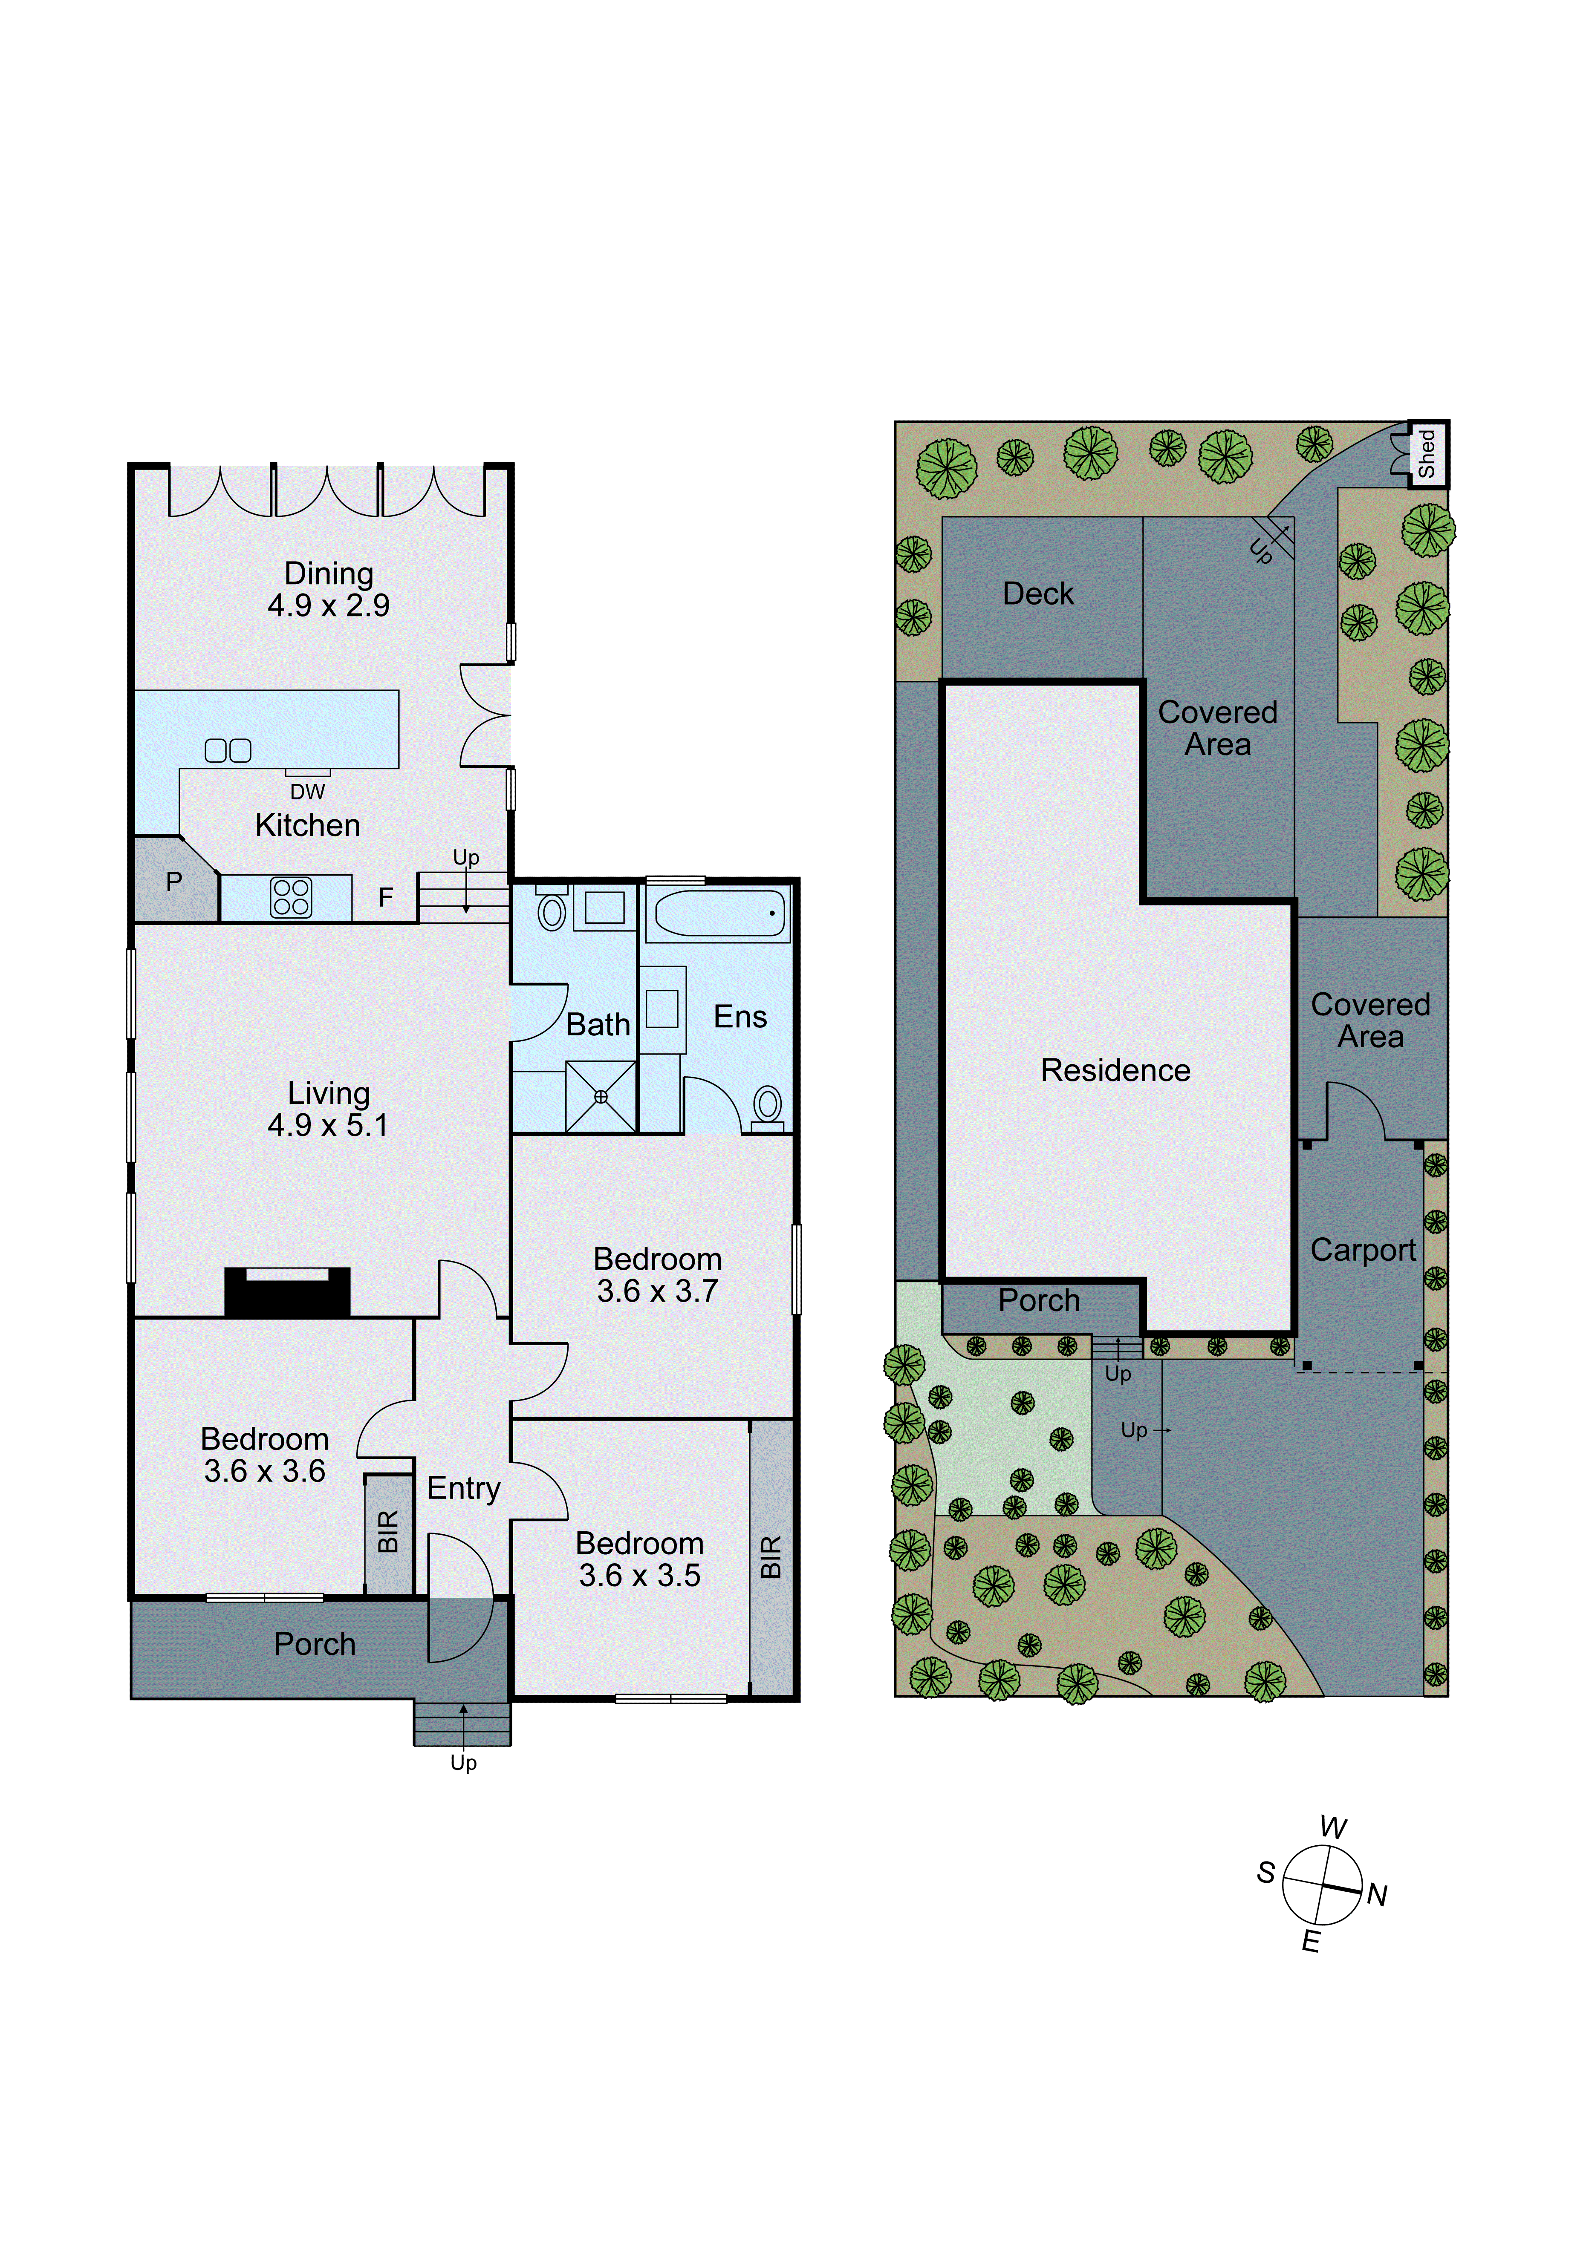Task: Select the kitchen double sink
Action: [x=228, y=750]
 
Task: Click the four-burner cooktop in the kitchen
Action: [x=291, y=897]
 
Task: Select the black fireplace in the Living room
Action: [x=287, y=1292]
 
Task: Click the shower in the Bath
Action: [x=601, y=1097]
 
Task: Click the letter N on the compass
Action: [x=1377, y=1895]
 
